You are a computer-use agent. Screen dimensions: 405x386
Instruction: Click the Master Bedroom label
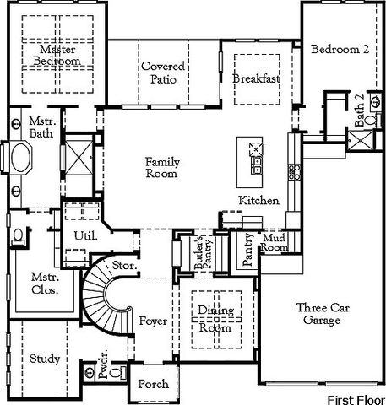[x=58, y=56]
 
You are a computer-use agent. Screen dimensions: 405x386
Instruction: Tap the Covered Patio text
[x=163, y=73]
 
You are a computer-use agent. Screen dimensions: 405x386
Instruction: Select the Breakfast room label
[x=256, y=78]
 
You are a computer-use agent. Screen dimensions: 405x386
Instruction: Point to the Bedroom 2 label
[x=340, y=50]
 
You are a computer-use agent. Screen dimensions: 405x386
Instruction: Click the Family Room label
[x=161, y=168]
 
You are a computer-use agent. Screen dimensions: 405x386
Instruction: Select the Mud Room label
[x=275, y=242]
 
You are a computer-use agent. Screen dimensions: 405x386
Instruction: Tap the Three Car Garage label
[x=319, y=314]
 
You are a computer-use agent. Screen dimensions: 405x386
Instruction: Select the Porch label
[x=153, y=384]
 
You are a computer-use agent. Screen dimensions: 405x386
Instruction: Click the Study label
[x=44, y=359]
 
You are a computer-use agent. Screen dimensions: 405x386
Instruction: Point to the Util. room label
[x=85, y=236]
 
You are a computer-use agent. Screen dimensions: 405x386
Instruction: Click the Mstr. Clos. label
[x=45, y=281]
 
